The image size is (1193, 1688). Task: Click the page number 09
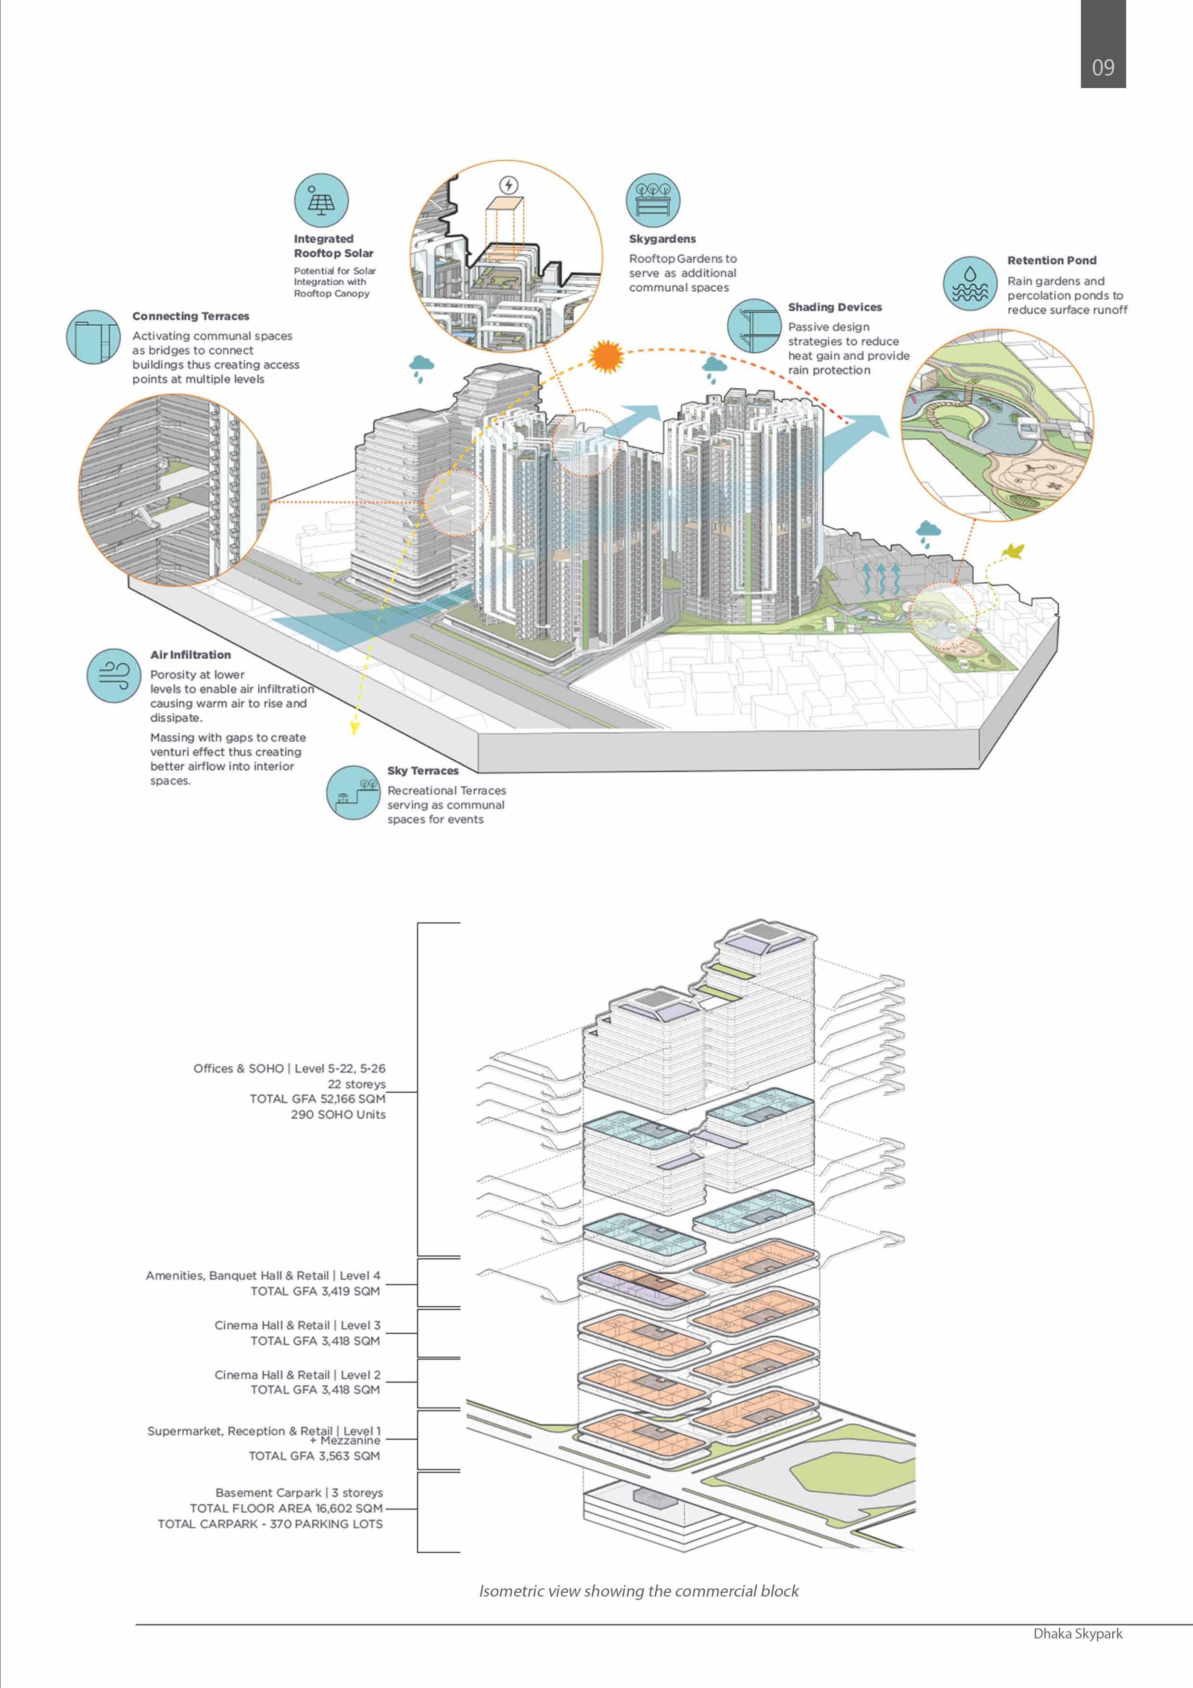coord(1103,68)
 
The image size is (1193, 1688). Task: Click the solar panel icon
coord(321,200)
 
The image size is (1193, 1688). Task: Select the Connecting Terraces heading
coord(190,316)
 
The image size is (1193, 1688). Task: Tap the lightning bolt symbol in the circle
coord(508,184)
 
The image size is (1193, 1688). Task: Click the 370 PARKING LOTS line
coord(270,1524)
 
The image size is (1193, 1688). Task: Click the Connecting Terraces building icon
coord(93,337)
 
